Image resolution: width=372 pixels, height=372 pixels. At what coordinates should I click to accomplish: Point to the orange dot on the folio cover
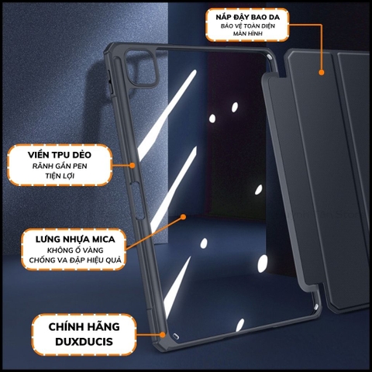point(320,72)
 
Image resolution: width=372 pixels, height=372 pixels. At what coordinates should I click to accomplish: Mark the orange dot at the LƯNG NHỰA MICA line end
point(183,218)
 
